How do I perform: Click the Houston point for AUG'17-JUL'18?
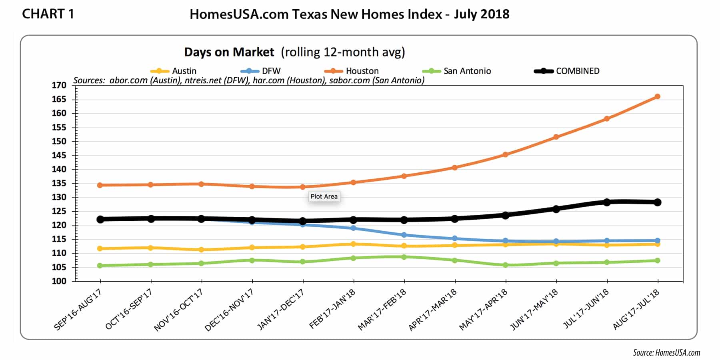tap(657, 96)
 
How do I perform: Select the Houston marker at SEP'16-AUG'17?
tap(100, 185)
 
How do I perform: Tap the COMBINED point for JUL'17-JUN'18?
tap(607, 202)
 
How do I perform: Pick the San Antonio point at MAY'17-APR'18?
tap(506, 265)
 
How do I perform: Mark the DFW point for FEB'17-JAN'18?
tap(353, 228)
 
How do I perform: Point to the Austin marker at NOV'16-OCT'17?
tap(201, 250)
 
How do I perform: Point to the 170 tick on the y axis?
tap(59, 85)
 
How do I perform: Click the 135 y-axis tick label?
tap(59, 183)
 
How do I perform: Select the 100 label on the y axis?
tap(59, 281)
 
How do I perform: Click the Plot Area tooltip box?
tap(324, 196)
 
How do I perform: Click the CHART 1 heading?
tap(48, 14)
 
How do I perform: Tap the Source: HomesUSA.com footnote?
tap(666, 352)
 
